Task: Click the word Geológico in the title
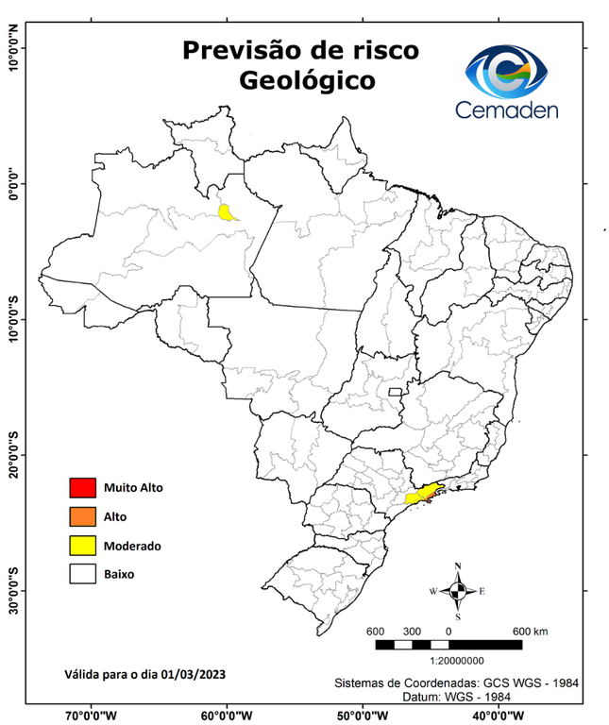[x=307, y=80]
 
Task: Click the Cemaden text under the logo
[x=507, y=110]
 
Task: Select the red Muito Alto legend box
[x=82, y=488]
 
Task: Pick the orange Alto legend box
[x=82, y=516]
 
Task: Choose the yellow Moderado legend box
[x=82, y=545]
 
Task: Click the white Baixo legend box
[x=82, y=573]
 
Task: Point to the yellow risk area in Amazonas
[x=228, y=211]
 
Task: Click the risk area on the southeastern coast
[x=422, y=494]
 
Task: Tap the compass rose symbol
[x=458, y=591]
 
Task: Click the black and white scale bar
[x=448, y=645]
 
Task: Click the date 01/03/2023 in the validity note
[x=194, y=674]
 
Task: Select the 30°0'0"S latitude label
[x=13, y=591]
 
